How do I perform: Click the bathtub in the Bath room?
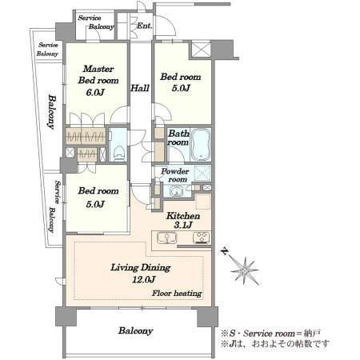201,145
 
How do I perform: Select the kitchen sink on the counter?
167,238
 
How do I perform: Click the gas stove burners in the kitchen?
202,238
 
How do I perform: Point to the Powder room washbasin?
176,191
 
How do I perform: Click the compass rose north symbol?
245,271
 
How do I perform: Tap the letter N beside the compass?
226,251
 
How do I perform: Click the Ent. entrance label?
144,26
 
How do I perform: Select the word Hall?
139,88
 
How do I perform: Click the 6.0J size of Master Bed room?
95,92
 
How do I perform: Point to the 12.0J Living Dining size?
144,279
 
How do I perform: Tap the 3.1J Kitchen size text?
183,226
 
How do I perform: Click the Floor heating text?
177,294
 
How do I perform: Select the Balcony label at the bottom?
135,330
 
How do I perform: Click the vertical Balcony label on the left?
52,111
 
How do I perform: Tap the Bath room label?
178,138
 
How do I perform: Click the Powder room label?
175,175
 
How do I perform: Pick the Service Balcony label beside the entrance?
96,22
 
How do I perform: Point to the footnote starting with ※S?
270,334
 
